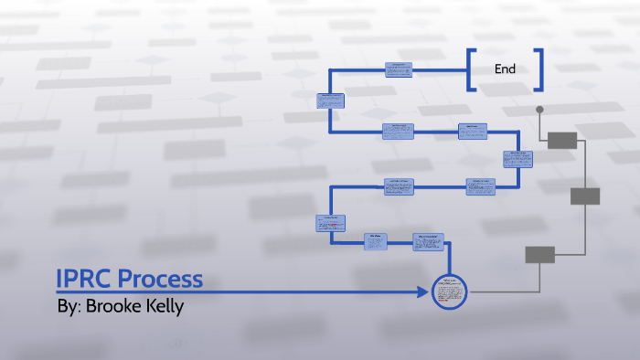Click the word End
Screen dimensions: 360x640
coord(505,69)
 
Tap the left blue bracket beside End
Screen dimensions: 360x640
coord(471,70)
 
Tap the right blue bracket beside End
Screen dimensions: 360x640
coord(539,70)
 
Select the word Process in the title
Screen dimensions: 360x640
coord(160,279)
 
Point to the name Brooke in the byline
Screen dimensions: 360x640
coord(117,306)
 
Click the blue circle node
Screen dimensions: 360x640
coord(449,292)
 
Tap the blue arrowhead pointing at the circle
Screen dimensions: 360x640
coord(423,292)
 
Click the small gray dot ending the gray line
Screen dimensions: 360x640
coord(539,110)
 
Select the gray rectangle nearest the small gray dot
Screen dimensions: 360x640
coord(562,140)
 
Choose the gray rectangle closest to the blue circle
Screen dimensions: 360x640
coord(539,255)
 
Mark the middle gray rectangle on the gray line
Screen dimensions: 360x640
coord(584,196)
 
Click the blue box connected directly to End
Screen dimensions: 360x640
coord(399,69)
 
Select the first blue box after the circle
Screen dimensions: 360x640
coord(430,241)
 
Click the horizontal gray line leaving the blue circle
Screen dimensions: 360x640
coord(494,292)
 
